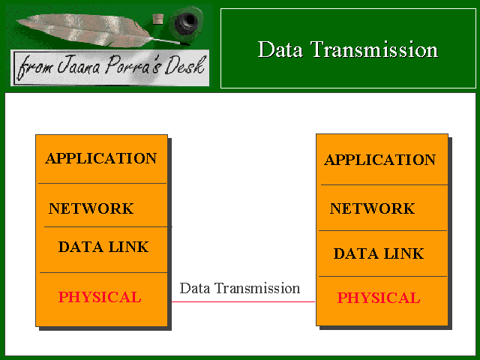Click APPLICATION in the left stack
click(101, 158)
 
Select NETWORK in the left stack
click(91, 208)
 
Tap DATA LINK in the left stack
click(103, 247)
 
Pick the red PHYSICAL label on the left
click(100, 297)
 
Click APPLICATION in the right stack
click(380, 160)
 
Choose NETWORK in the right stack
click(372, 208)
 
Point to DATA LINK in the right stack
click(379, 253)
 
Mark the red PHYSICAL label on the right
click(379, 298)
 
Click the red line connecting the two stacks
click(243, 301)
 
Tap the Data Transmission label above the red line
click(240, 288)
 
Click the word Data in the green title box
click(280, 49)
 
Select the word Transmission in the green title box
click(375, 49)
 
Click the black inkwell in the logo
click(187, 22)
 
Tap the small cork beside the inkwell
click(158, 19)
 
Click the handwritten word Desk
click(184, 65)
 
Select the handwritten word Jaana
click(78, 65)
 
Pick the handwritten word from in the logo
click(34, 67)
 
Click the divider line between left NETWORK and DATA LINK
click(106, 226)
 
